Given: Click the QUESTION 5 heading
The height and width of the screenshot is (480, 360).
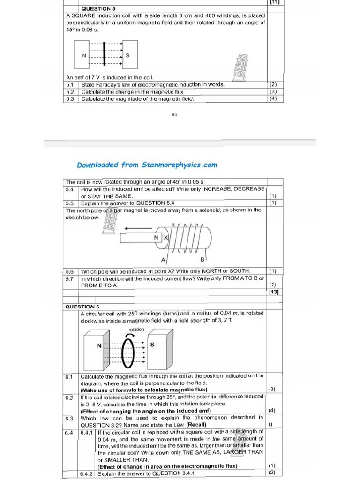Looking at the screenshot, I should point(98,8).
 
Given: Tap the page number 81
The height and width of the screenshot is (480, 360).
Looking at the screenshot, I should point(174,114).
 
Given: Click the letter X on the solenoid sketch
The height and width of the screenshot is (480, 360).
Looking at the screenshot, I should point(165,238).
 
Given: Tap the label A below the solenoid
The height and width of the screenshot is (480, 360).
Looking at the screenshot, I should point(163,259).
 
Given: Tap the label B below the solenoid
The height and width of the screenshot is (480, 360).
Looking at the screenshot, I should point(202,259).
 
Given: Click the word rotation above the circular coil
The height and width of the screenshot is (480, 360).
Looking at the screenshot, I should point(136,330).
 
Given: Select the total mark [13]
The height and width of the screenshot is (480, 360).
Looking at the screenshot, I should point(274,292).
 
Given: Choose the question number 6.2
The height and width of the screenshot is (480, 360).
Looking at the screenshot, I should point(69,397).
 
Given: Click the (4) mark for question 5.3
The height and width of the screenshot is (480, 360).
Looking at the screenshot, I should point(273,99).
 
